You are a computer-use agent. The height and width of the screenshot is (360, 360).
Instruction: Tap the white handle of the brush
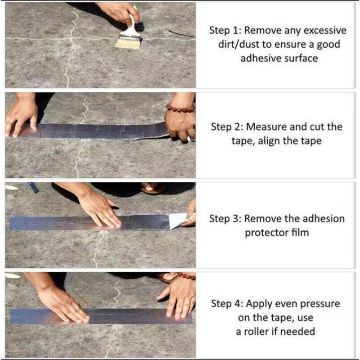(133, 27)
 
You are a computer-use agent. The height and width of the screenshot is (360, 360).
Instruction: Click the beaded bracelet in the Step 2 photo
(180, 108)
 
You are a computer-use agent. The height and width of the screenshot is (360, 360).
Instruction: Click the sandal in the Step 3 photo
(153, 188)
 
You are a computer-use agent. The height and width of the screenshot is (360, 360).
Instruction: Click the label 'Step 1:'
(224, 31)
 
